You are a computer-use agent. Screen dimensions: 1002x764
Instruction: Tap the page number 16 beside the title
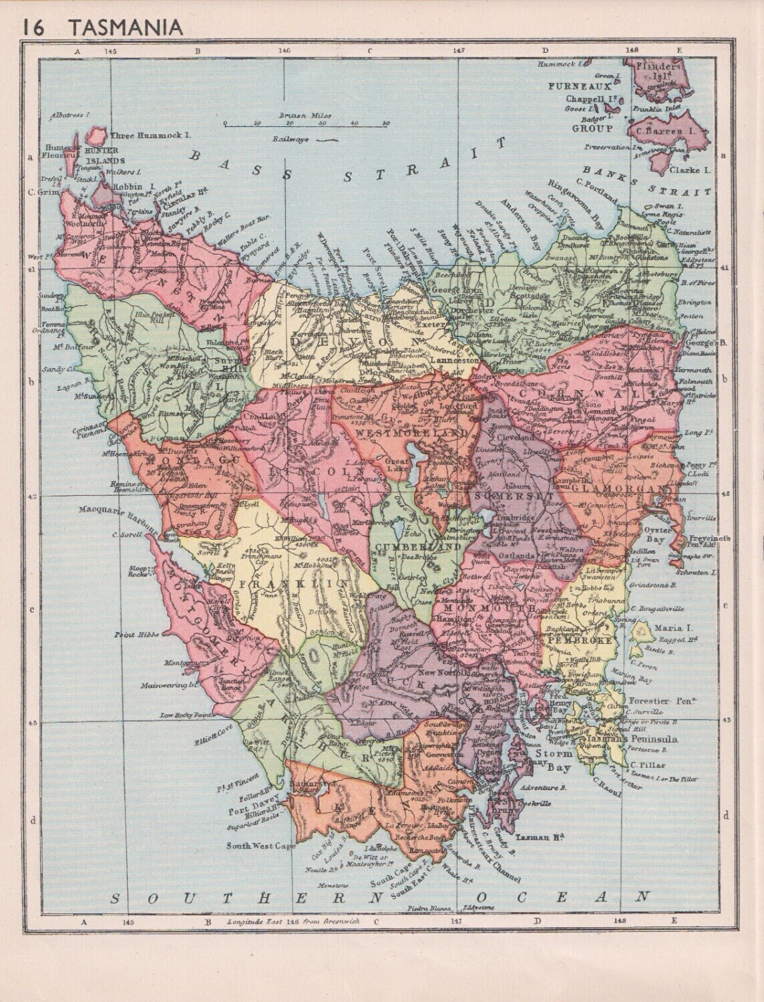[x=37, y=27]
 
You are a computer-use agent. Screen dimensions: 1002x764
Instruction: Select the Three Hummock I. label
[x=146, y=135]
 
